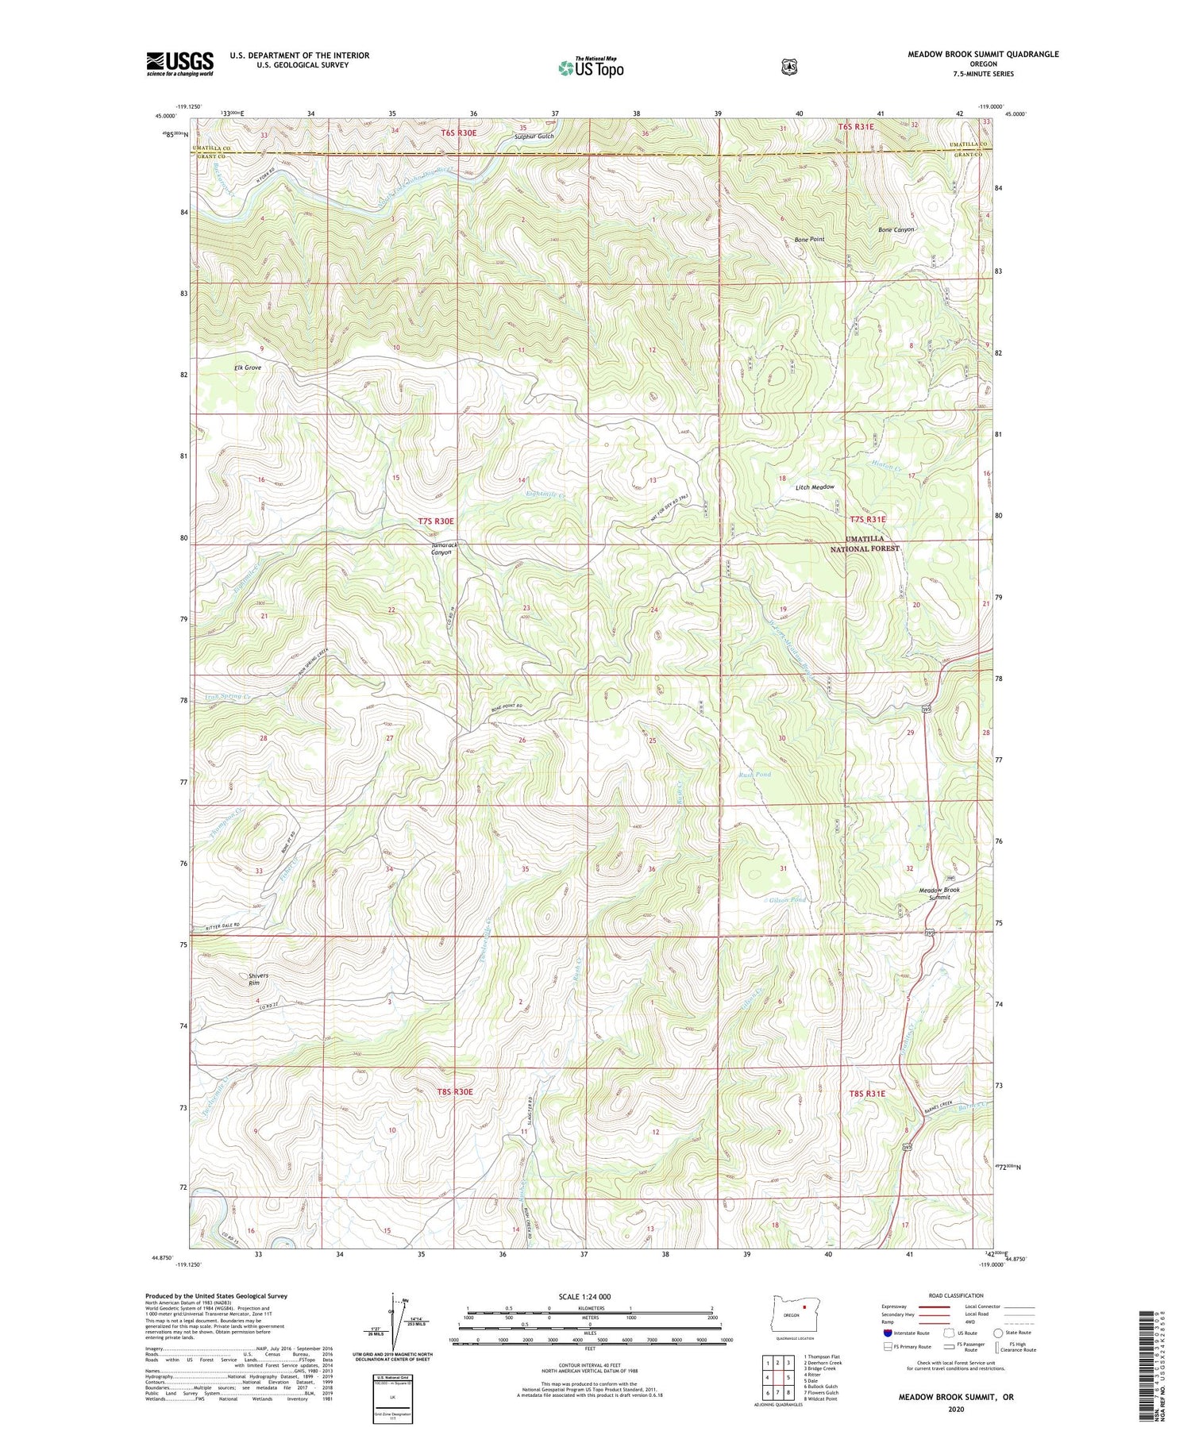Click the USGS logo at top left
(x=179, y=63)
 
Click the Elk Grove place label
(x=248, y=367)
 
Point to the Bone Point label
(x=809, y=239)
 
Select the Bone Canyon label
(x=896, y=229)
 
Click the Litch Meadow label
(x=815, y=487)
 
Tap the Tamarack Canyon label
(x=445, y=548)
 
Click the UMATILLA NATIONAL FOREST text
(x=865, y=543)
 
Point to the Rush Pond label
(x=754, y=774)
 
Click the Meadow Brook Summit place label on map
(x=939, y=893)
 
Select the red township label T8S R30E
(x=454, y=1091)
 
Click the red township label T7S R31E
(x=867, y=519)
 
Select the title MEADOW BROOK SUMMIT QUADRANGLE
(x=983, y=54)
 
